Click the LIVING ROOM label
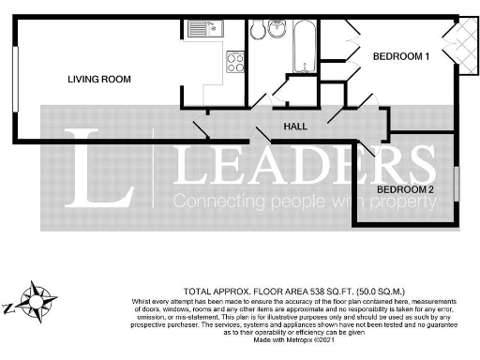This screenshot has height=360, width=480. point(98,79)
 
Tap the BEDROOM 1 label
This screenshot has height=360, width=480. point(401,57)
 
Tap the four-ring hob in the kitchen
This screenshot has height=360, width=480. point(234,62)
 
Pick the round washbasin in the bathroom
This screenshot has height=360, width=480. point(277,30)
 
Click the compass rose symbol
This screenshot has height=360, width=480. point(39,303)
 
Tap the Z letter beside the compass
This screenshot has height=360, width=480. point(10,307)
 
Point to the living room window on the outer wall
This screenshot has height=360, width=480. point(15,79)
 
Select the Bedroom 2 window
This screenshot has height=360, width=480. point(459,183)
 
